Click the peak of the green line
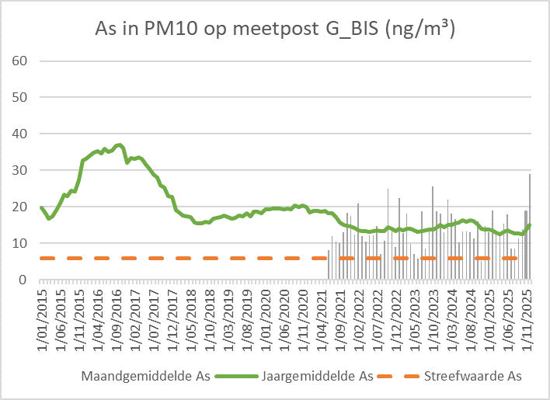tap(119, 144)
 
